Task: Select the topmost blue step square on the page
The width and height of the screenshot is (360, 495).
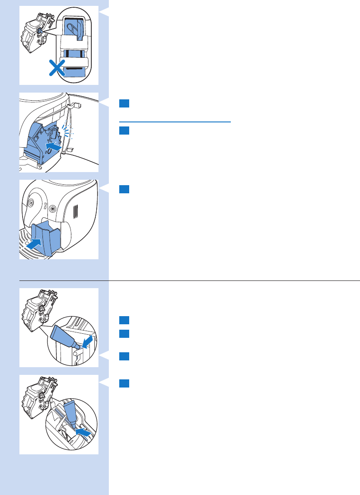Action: pos(125,103)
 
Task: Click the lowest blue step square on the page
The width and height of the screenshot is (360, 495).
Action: pos(125,383)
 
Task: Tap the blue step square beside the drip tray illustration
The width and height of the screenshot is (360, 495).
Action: pos(125,189)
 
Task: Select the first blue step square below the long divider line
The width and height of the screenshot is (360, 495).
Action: pos(125,320)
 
